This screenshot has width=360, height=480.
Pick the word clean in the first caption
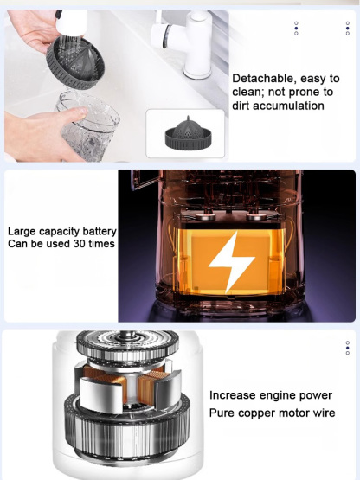point(250,93)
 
